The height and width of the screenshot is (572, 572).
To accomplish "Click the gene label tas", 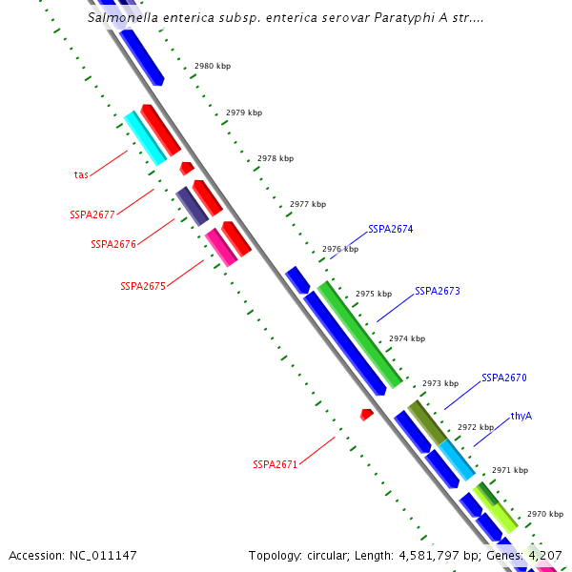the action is point(81,174).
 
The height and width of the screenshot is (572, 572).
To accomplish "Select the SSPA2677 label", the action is point(92,214).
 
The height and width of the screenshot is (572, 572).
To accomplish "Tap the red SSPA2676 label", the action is point(113,244).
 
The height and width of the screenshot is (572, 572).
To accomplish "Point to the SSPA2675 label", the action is point(143,286).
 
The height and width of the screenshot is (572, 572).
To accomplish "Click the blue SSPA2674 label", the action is point(391,230).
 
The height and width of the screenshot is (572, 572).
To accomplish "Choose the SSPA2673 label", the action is point(437,291).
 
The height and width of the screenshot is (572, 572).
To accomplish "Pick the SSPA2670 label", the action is point(503,378).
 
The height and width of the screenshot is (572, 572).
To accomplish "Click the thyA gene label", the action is point(521,416).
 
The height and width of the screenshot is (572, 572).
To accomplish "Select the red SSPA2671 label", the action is point(276,465).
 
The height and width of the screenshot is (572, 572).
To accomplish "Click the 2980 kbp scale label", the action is point(212,67).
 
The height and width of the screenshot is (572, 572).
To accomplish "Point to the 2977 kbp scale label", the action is point(308,204).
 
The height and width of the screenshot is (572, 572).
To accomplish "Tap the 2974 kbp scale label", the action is point(407,338).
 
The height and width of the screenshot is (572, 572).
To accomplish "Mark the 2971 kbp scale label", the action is point(509,470).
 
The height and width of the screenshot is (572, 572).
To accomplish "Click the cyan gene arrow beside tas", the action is point(145,138).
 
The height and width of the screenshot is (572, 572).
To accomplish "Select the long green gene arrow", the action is point(358,329).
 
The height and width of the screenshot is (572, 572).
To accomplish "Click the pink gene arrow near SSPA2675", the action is point(220,247).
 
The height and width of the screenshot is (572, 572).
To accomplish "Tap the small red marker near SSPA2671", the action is point(366,415).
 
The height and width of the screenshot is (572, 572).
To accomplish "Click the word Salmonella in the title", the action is point(123,17).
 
